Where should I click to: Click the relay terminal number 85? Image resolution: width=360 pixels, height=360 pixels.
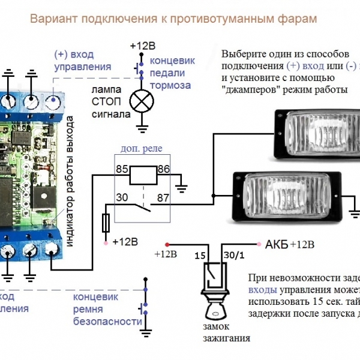point(122,170)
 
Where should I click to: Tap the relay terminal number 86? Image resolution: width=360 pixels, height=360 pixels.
point(164,170)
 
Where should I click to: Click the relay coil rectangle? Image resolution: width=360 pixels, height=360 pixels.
point(143,175)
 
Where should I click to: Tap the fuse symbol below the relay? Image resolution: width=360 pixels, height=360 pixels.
point(107,223)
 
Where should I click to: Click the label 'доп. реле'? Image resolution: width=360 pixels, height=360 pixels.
point(142,149)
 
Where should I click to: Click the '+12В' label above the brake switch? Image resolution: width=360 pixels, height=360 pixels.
point(143,46)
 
